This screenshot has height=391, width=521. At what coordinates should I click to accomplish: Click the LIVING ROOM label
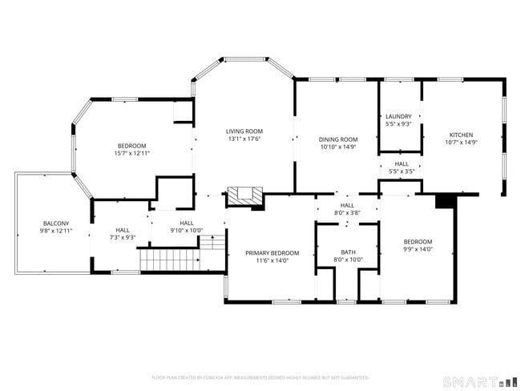[x=244, y=131]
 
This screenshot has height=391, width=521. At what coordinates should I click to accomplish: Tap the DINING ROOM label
[x=337, y=139]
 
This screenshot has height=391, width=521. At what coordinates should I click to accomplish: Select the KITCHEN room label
[x=461, y=135]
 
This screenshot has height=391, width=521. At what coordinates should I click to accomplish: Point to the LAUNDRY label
[x=398, y=116]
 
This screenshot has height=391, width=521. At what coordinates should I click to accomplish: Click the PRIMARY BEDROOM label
[x=272, y=252]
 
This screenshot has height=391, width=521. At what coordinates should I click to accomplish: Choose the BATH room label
[x=348, y=252]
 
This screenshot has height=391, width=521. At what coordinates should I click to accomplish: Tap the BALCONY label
[x=56, y=223]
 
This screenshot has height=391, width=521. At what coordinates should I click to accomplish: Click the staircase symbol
[x=170, y=260]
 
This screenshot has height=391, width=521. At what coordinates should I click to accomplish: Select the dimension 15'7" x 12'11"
[x=132, y=153]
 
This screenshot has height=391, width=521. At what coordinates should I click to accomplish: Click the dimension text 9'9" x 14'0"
[x=418, y=249]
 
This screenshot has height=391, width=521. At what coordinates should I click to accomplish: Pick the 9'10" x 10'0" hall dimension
[x=186, y=231]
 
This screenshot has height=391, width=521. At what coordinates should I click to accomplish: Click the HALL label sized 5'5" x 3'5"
[x=401, y=163]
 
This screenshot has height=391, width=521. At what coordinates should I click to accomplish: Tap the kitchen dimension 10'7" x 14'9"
[x=461, y=143]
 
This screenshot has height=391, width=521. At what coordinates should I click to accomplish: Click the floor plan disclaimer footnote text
[x=260, y=377]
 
